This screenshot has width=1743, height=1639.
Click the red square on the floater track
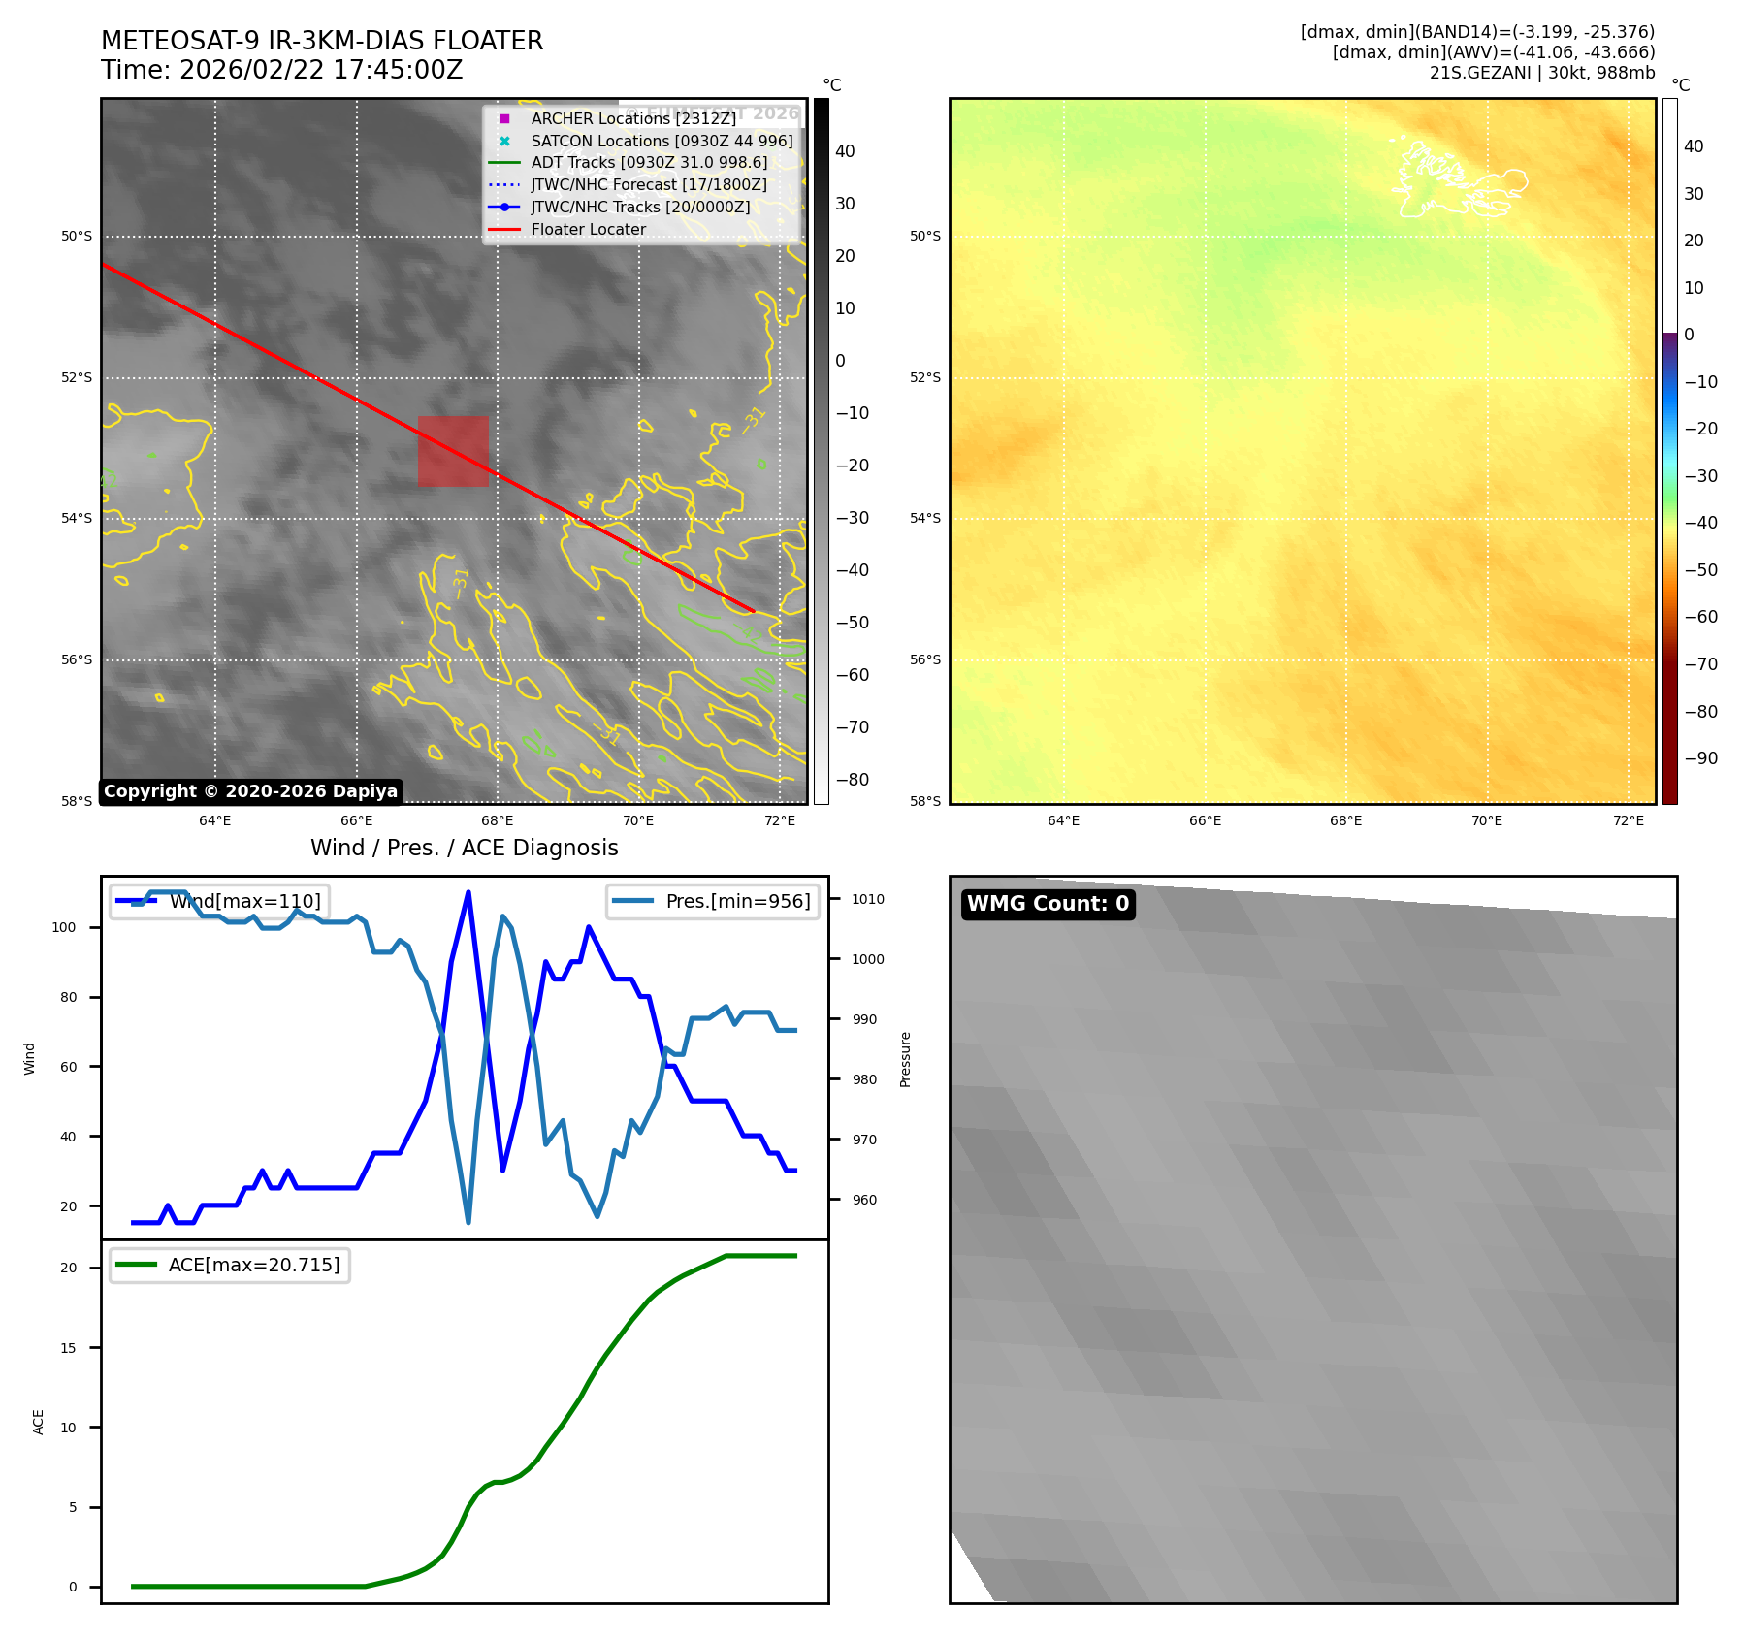[x=453, y=451]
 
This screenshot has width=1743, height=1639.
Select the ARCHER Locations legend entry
[x=632, y=118]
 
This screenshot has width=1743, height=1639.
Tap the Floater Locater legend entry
[x=588, y=230]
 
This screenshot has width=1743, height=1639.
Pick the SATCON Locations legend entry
[x=661, y=141]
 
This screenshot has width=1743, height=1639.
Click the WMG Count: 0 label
[x=1048, y=904]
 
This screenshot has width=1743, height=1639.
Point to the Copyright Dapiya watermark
[x=250, y=791]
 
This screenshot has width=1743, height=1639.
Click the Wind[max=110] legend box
[x=220, y=901]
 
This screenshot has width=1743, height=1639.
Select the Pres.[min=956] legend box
[x=713, y=901]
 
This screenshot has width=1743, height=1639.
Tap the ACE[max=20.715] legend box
[x=230, y=1265]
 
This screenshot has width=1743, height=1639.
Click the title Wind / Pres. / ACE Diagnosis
[x=464, y=848]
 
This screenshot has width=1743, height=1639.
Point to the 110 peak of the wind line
[x=468, y=892]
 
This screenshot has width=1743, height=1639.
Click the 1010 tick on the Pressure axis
[x=868, y=899]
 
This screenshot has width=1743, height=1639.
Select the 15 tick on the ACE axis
[x=68, y=1348]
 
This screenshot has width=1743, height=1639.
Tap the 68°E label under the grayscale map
[x=498, y=821]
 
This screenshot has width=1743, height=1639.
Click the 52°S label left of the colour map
[x=924, y=377]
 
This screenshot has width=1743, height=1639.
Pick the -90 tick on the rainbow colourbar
[x=1700, y=758]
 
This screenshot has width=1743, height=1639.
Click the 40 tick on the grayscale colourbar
[x=845, y=151]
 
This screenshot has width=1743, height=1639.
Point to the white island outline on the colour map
[x=1455, y=180]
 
